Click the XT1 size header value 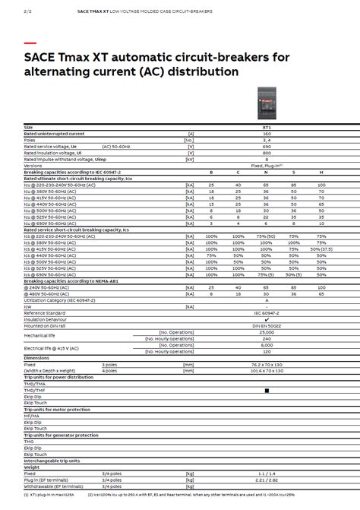pyautogui.click(x=267, y=127)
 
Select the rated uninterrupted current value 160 pyautogui.click(x=267, y=133)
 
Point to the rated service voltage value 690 pyautogui.click(x=267, y=145)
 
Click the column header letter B pyautogui.click(x=211, y=173)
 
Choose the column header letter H pyautogui.click(x=322, y=173)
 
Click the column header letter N pyautogui.click(x=267, y=173)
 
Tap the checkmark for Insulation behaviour pyautogui.click(x=267, y=319)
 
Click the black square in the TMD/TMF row pyautogui.click(x=267, y=390)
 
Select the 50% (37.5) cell pyautogui.click(x=322, y=249)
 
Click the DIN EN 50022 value pyautogui.click(x=267, y=325)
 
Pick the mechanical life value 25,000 pyautogui.click(x=267, y=331)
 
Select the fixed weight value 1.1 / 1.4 pyautogui.click(x=267, y=474)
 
